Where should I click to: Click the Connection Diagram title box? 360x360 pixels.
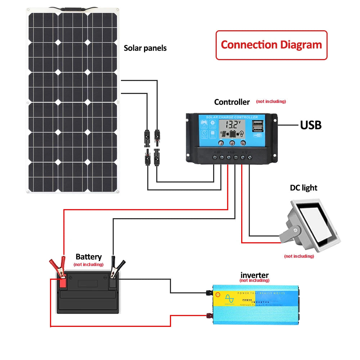point(271,45)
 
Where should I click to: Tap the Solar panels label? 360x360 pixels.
point(145,48)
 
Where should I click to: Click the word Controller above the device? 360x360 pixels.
point(232,102)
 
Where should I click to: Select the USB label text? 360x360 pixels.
point(311,125)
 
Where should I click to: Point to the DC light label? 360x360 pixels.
point(303,188)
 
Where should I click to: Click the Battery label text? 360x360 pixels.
point(89,257)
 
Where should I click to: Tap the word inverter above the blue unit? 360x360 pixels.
point(254,275)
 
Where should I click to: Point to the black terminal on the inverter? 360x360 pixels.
point(208,293)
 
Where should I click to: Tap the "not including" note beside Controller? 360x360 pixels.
point(271,102)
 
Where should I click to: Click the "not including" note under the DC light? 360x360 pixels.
point(299,256)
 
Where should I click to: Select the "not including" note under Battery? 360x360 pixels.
point(88,265)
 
